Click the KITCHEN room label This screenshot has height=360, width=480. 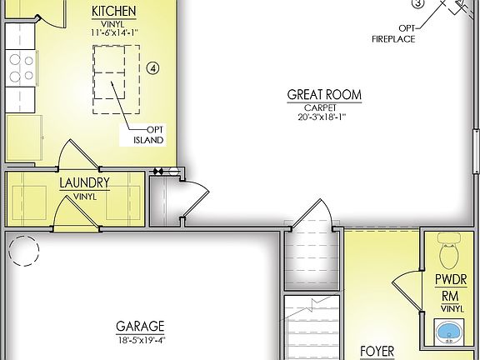coord(115,11)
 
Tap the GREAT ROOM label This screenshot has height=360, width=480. coord(324,95)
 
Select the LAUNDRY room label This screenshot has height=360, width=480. coord(84,182)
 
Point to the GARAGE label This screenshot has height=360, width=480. coord(140,327)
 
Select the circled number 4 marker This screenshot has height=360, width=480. coord(152,67)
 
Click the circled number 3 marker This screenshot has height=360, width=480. coord(418,3)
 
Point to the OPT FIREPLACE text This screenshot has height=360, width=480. coord(395,33)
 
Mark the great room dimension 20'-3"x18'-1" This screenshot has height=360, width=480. coord(324,117)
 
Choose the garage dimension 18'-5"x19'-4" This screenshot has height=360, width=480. coord(140,340)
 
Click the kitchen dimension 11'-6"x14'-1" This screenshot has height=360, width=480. coord(115,32)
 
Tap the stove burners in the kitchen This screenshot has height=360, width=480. coord(20,67)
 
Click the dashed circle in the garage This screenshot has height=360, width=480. coord(23,249)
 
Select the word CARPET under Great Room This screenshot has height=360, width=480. coord(324,107)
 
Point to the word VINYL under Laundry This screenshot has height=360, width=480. coord(84,197)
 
